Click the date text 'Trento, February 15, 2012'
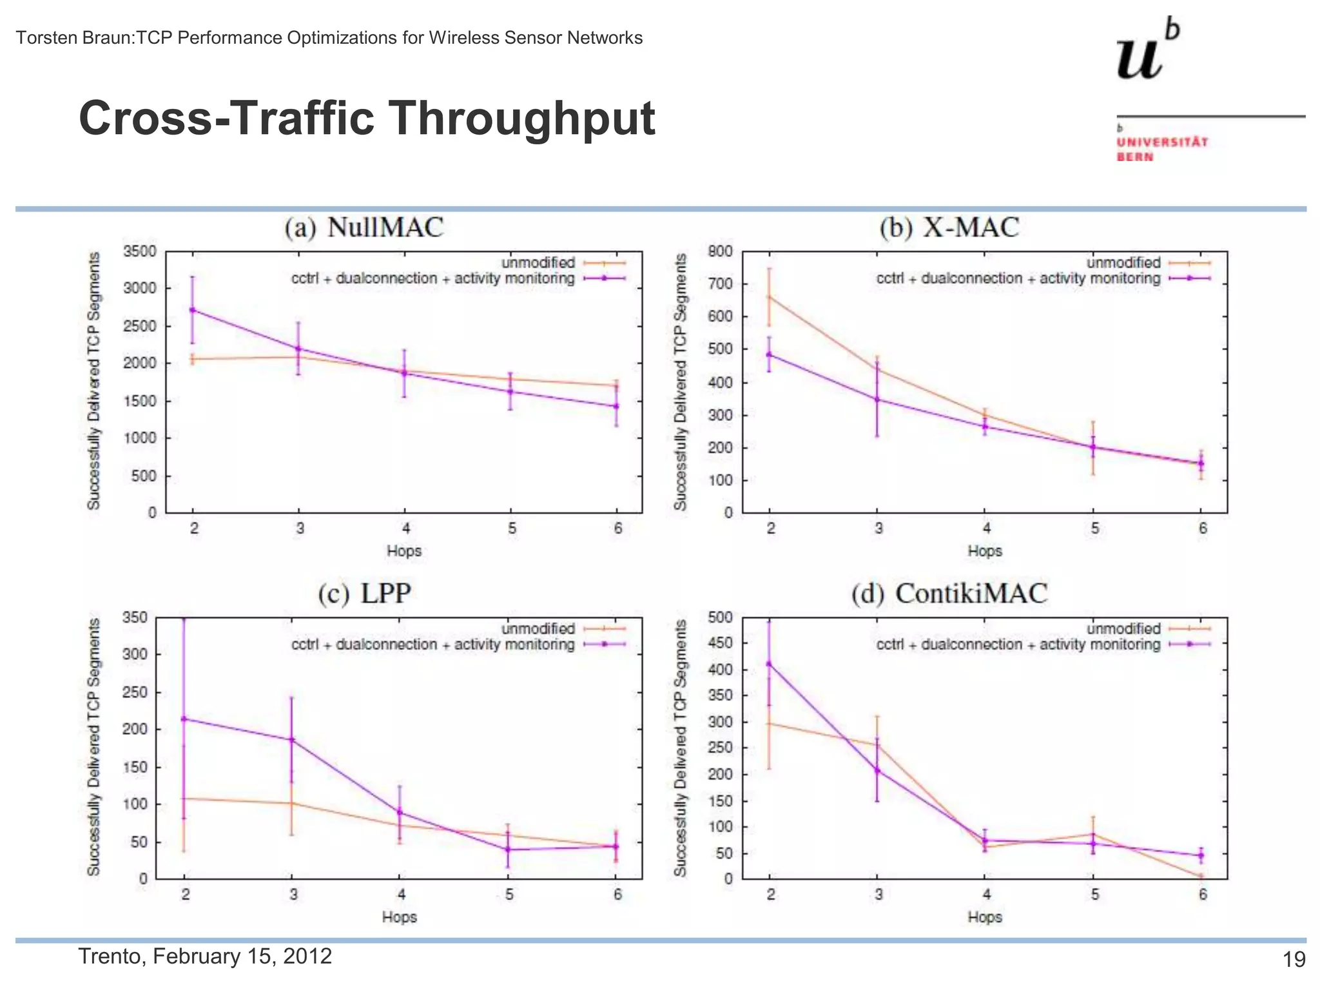(205, 956)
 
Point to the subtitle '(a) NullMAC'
(364, 228)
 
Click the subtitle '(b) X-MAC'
(949, 228)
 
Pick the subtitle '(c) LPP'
(364, 593)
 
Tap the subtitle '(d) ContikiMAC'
(949, 593)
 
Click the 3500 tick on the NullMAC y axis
(140, 251)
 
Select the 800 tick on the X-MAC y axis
(720, 251)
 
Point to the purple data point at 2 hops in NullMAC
(192, 310)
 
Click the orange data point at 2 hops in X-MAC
(769, 297)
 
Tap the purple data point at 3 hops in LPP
(291, 740)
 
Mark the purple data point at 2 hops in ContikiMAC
(769, 663)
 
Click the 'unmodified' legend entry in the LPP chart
(538, 628)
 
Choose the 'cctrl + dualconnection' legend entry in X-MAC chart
(1018, 278)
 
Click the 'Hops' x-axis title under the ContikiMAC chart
(984, 917)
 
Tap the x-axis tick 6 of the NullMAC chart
(618, 529)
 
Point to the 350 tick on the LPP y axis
(135, 617)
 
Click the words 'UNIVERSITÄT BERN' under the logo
(1162, 149)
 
